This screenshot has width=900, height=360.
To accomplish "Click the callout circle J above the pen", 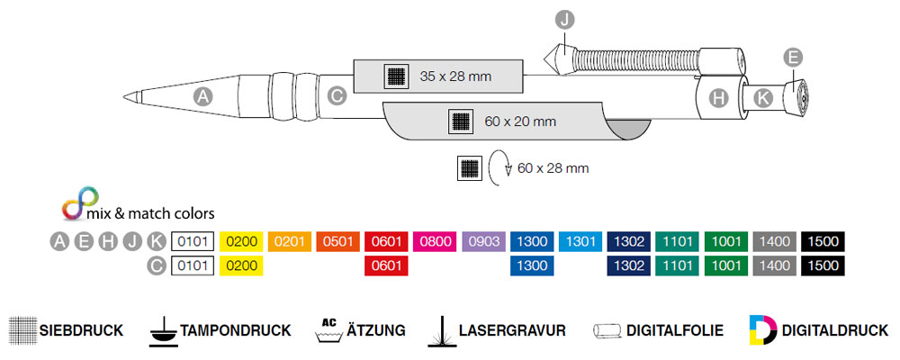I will click(564, 19).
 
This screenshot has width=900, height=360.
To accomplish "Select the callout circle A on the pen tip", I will click(203, 96).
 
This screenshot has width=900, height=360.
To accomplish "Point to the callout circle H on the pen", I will click(718, 98).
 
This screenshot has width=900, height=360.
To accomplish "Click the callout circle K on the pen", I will click(763, 98).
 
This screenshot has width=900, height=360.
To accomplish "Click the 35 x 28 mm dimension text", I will click(455, 76).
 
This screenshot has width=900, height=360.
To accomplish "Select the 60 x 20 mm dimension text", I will click(520, 121).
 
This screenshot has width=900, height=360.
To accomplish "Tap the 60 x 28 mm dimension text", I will click(553, 167).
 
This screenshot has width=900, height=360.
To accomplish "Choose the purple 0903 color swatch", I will click(483, 241).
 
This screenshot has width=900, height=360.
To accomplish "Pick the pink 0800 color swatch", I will click(435, 241).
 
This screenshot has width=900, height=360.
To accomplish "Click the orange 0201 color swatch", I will click(289, 241).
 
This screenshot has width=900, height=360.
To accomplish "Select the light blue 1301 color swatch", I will click(580, 241).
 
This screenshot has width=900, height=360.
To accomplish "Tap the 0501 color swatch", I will click(337, 241).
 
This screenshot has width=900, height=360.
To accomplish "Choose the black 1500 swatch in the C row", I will click(823, 265).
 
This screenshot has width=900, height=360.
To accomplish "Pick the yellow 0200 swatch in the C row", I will click(241, 265).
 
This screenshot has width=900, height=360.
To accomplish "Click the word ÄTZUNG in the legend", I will click(376, 330).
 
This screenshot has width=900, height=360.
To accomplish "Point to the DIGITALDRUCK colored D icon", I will click(761, 330).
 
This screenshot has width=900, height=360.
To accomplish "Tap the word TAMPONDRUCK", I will click(236, 330).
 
